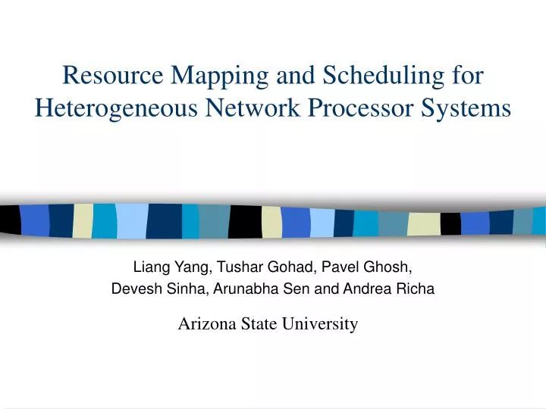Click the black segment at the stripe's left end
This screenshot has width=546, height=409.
(9, 220)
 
